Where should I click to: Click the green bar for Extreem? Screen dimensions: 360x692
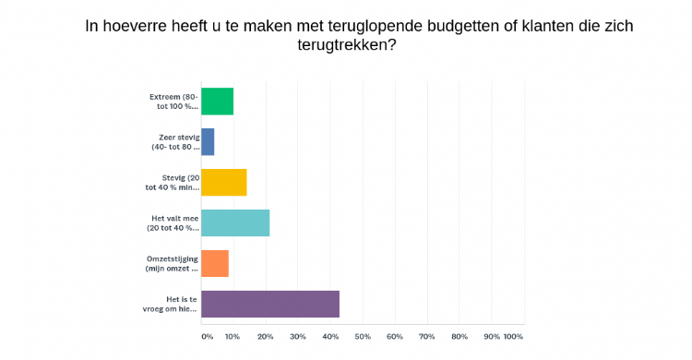tap(217, 101)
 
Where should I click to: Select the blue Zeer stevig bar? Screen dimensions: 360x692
tap(208, 141)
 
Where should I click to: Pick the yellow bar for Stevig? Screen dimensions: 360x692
tap(223, 182)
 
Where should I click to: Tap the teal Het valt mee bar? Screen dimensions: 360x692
tap(235, 222)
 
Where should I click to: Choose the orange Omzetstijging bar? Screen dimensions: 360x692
tap(214, 263)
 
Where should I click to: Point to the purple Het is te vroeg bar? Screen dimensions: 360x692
tap(270, 304)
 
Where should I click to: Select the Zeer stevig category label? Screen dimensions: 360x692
tap(176, 141)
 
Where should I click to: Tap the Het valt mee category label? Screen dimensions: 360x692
tap(174, 222)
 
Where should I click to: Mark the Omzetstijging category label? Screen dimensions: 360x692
tap(173, 263)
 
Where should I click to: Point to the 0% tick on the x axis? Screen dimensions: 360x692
tap(207, 336)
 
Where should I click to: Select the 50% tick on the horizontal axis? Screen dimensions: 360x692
tap(363, 336)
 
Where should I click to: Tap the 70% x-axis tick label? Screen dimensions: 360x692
tap(427, 336)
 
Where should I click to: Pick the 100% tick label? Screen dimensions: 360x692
tap(513, 336)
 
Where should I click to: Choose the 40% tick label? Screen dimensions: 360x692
tap(330, 336)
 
